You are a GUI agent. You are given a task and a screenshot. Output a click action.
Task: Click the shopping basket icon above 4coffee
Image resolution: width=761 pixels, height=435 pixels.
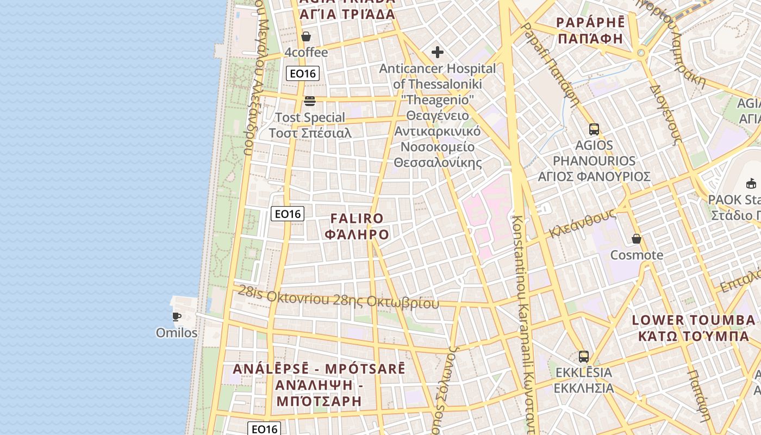point(306,36)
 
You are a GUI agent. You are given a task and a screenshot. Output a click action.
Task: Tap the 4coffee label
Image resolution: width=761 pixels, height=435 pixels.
point(307,52)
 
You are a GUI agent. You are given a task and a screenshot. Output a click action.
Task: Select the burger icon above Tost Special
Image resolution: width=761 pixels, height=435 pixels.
point(310,101)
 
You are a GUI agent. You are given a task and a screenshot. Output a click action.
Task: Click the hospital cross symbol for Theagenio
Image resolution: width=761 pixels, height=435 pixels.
point(438,52)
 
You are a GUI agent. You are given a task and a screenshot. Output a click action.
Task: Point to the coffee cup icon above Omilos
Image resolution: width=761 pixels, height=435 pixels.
point(176,316)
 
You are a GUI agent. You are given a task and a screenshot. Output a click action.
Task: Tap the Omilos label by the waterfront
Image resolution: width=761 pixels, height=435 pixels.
point(177,332)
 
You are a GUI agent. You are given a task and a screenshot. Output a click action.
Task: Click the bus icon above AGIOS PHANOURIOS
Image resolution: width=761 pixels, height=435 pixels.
point(594,129)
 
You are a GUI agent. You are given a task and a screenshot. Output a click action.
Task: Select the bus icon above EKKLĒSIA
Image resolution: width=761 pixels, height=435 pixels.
point(584,357)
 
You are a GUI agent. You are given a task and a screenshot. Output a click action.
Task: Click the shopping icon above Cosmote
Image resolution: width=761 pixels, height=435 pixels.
point(637,239)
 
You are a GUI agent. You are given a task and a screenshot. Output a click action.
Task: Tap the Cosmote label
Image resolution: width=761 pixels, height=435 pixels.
point(637,255)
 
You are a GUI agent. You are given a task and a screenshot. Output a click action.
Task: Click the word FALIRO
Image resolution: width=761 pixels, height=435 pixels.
point(357,219)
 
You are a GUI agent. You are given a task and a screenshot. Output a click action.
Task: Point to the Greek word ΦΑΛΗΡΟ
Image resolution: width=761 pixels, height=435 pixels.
point(357,234)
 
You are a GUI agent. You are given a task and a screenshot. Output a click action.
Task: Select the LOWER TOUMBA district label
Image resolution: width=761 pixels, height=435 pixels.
point(694,320)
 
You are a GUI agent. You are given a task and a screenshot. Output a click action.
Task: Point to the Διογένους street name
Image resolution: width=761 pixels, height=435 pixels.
point(665,114)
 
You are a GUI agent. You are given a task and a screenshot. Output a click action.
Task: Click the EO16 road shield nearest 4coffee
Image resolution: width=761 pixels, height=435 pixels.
point(303,73)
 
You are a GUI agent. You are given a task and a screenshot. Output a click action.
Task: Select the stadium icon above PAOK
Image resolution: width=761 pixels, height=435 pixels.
point(751,183)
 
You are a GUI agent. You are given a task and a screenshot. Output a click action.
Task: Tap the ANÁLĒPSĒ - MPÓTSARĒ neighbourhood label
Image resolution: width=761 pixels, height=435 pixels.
point(319,369)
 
